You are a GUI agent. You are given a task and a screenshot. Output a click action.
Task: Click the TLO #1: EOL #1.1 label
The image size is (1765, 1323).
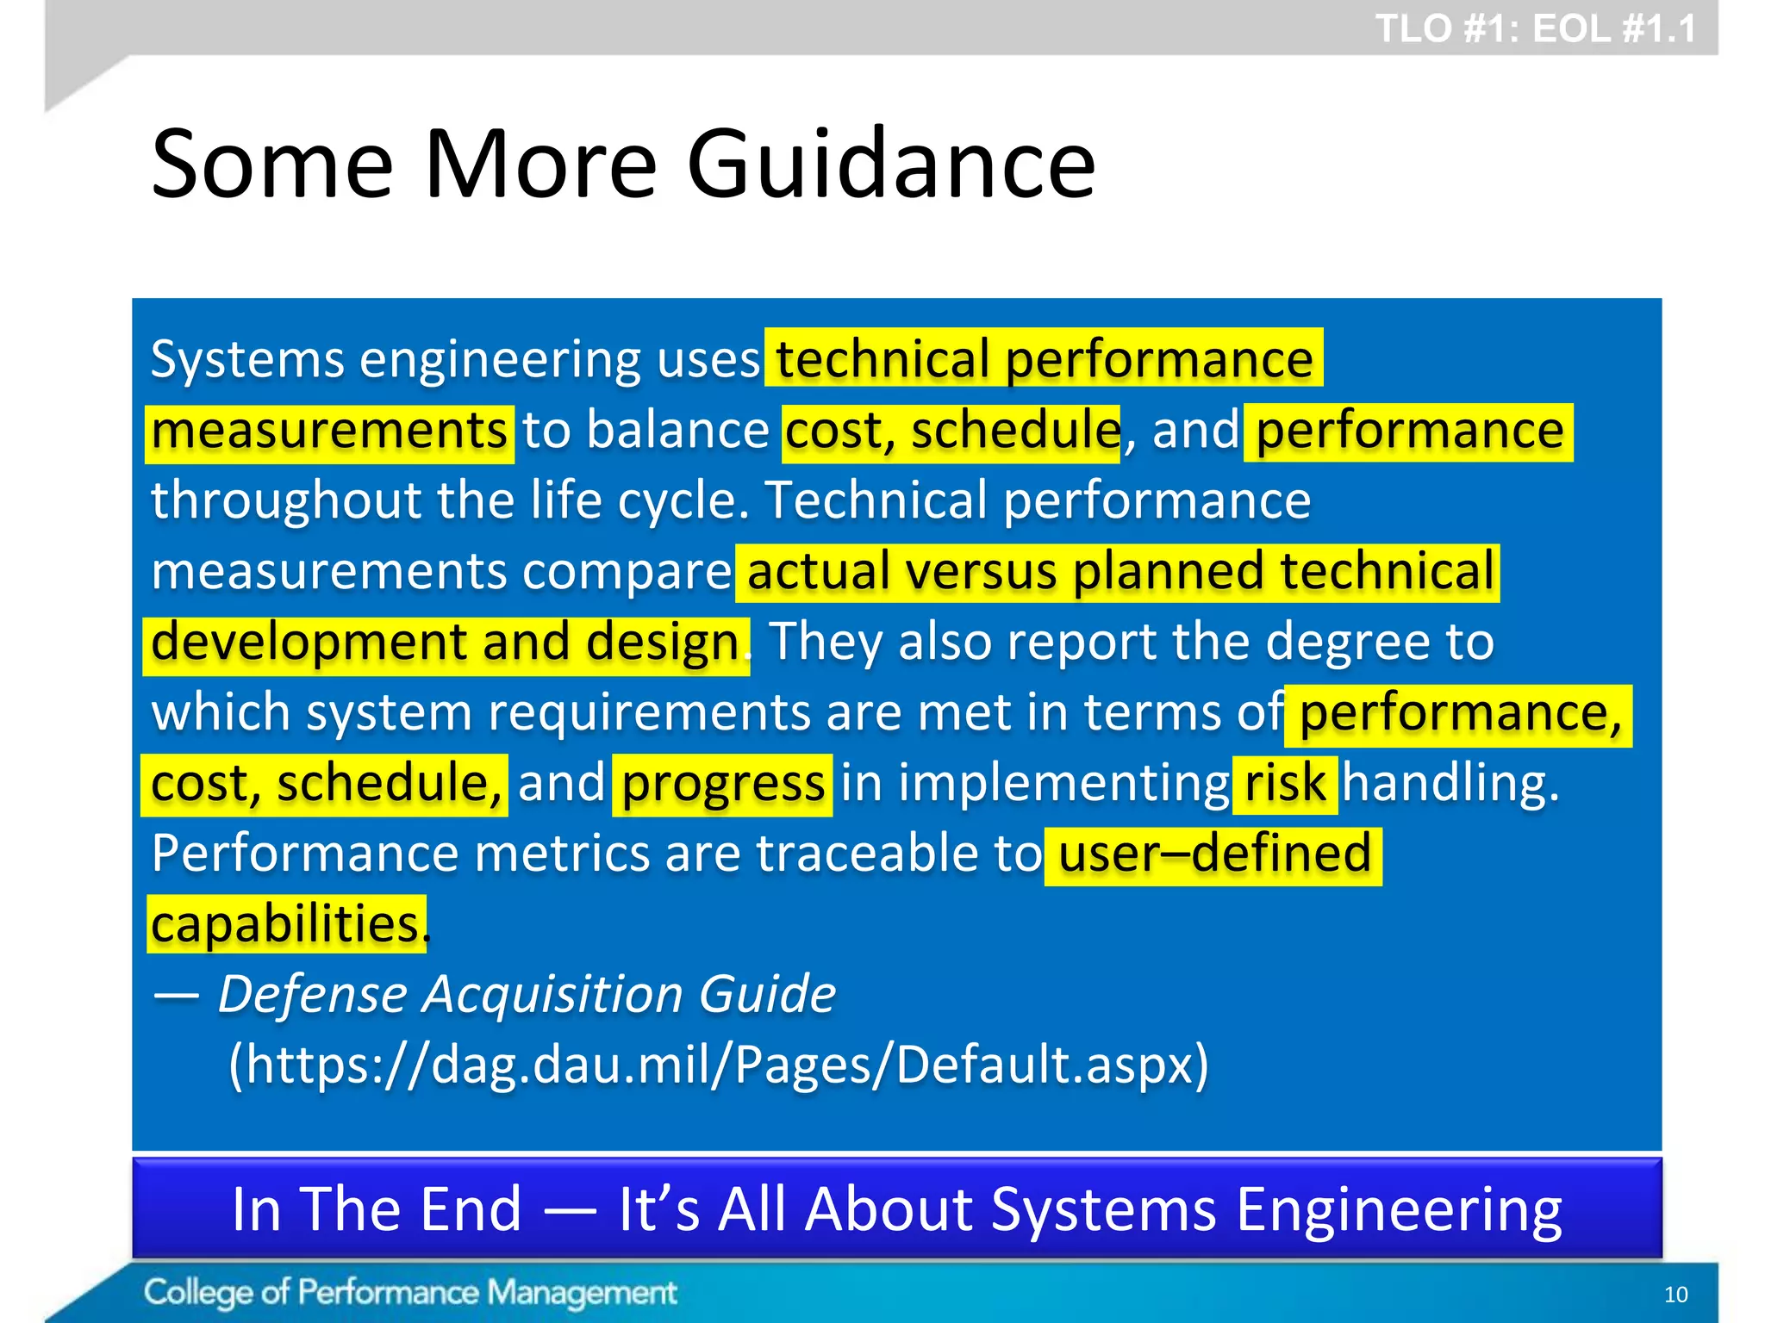pyautogui.click(x=1535, y=28)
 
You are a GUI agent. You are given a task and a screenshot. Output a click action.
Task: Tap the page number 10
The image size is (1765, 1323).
pyautogui.click(x=1675, y=1294)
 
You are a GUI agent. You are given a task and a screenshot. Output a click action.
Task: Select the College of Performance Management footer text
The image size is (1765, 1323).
pyautogui.click(x=410, y=1292)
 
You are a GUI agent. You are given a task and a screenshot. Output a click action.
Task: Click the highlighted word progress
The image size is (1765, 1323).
pyautogui.click(x=722, y=783)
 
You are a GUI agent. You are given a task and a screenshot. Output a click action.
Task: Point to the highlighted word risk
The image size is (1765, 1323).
pyautogui.click(x=1284, y=783)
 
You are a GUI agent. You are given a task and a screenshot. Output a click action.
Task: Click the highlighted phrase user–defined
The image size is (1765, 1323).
pyautogui.click(x=1213, y=854)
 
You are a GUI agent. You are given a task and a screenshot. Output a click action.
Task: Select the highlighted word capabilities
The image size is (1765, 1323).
pyautogui.click(x=285, y=924)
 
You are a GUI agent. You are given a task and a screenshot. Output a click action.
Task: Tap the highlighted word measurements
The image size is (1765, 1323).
pyautogui.click(x=329, y=431)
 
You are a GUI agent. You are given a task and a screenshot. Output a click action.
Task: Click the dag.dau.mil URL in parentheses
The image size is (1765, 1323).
pyautogui.click(x=718, y=1065)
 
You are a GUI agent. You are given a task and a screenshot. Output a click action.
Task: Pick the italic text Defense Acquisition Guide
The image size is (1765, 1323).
pyautogui.click(x=526, y=994)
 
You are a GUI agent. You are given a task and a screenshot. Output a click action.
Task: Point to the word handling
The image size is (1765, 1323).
pyautogui.click(x=1450, y=783)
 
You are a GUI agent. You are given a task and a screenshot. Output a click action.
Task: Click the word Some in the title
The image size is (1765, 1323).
pyautogui.click(x=272, y=164)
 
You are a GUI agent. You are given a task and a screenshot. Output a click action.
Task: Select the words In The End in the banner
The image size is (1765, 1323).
pyautogui.click(x=377, y=1208)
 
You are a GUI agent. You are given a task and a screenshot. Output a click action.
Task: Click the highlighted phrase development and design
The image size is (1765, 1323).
pyautogui.click(x=445, y=642)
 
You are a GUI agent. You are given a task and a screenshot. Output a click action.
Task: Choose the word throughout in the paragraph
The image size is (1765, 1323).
pyautogui.click(x=286, y=500)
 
